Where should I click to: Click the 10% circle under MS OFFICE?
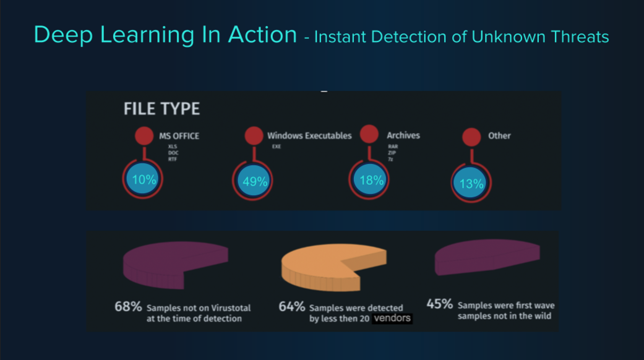(144, 180)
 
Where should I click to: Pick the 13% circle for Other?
(471, 183)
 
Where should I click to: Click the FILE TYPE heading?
(161, 109)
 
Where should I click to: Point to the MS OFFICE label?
(179, 136)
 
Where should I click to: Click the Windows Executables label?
(309, 135)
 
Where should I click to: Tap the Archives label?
(403, 135)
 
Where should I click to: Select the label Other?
(499, 135)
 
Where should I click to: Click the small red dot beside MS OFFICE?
(144, 136)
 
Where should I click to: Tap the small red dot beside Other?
(471, 137)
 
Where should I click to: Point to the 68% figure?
(128, 306)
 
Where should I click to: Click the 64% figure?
(291, 307)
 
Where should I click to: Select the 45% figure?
(439, 304)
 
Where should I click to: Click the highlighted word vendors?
(392, 319)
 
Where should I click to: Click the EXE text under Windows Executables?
(276, 147)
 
